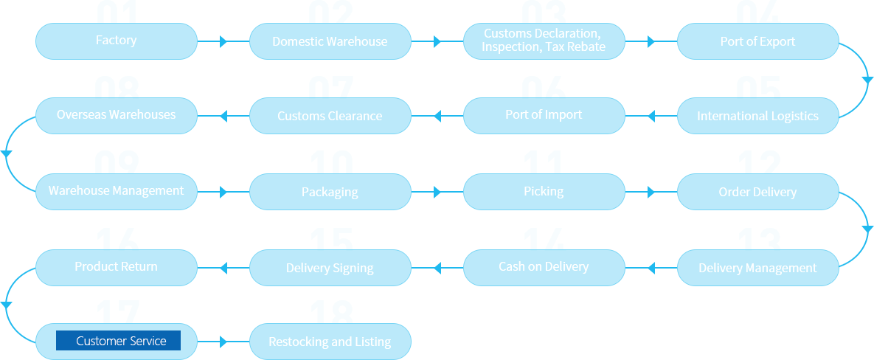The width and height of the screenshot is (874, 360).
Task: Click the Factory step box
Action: point(116,41)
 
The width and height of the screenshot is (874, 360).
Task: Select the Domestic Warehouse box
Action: point(330,41)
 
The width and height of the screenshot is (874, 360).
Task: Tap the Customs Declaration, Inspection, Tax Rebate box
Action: point(544,41)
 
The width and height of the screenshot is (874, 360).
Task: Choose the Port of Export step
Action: point(757,41)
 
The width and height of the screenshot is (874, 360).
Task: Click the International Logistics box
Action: point(757,116)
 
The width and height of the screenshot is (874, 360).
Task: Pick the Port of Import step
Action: point(544,115)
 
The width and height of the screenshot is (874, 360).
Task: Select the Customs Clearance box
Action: point(330,116)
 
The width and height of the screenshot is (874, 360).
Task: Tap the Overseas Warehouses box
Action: point(116,115)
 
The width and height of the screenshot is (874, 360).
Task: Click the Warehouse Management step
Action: point(116,191)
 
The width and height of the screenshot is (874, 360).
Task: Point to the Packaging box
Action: point(330,192)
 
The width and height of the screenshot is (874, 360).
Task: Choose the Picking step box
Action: point(544,192)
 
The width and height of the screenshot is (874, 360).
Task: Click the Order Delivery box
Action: point(757,192)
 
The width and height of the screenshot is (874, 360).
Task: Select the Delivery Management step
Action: point(757,268)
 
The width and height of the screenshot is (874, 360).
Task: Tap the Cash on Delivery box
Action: point(544,267)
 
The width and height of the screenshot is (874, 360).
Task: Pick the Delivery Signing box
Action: point(330,268)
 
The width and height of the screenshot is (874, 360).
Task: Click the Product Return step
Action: point(116,267)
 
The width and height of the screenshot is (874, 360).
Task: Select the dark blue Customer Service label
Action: point(119,341)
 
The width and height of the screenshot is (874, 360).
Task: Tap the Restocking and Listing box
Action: point(330,342)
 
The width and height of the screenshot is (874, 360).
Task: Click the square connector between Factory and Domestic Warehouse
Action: point(223,41)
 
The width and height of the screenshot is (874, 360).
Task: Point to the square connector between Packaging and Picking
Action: point(437,192)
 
